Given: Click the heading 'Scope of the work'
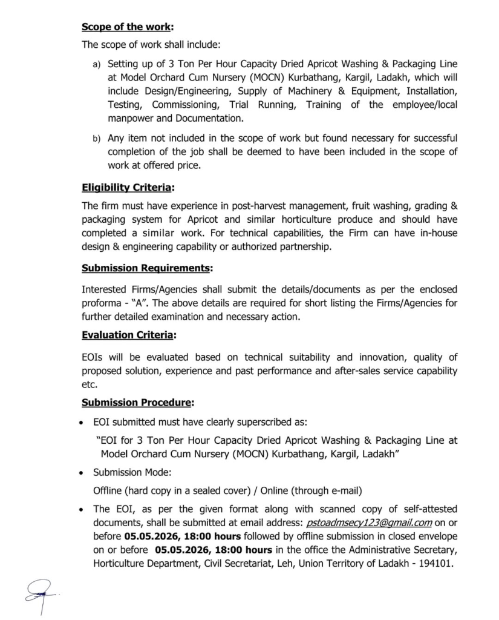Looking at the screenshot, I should point(126,27).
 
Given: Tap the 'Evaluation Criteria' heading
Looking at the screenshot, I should point(129,334).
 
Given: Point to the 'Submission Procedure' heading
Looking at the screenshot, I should point(137,402).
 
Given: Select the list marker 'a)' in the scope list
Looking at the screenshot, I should point(96,64).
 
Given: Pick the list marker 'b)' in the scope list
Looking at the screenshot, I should point(96,139).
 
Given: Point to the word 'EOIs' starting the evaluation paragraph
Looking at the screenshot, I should point(93,357).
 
